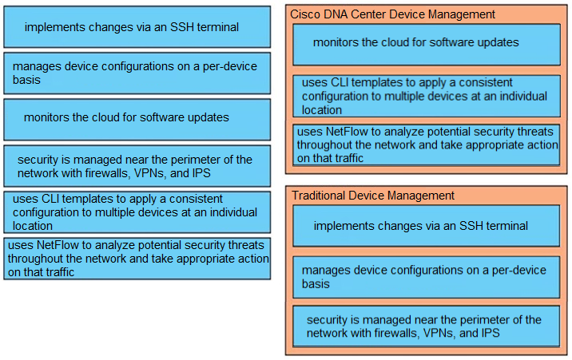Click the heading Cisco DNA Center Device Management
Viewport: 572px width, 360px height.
392,14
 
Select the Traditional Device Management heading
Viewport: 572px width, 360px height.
373,196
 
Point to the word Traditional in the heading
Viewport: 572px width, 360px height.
319,196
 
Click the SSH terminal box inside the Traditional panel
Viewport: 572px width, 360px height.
426,226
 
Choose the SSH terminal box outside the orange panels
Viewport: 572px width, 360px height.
137,27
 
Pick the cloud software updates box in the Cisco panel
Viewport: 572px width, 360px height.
427,45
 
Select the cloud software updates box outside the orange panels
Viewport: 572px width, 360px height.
137,120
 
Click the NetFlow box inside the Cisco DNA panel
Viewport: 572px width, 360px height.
426,145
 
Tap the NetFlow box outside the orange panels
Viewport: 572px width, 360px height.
137,259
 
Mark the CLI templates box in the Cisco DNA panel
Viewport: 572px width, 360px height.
427,97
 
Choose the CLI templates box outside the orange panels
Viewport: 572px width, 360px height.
137,212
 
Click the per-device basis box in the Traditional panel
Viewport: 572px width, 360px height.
426,277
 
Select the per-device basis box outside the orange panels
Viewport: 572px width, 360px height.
137,73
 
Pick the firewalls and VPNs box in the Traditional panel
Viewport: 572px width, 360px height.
426,326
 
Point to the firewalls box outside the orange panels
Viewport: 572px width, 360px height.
137,166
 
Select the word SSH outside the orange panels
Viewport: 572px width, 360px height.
181,27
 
